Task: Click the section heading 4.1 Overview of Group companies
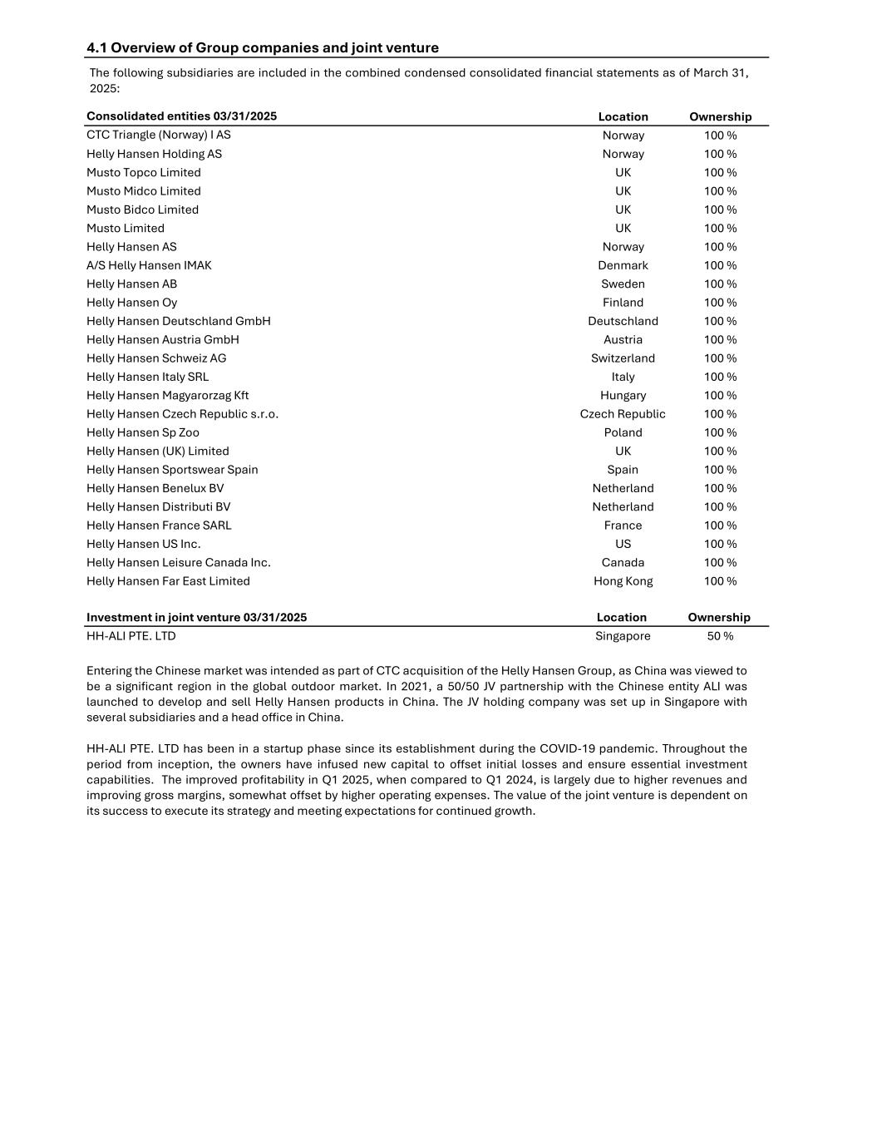[x=262, y=48]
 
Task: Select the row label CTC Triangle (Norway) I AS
[x=159, y=135]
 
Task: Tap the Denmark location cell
[x=623, y=265]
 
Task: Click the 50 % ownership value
[x=720, y=636]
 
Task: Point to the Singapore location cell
[x=623, y=636]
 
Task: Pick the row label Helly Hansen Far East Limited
[x=168, y=581]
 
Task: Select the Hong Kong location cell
[x=623, y=581]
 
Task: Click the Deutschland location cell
[x=623, y=321]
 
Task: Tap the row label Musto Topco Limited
[x=144, y=172]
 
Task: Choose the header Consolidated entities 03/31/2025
[x=181, y=116]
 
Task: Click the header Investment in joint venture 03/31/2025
[x=196, y=617]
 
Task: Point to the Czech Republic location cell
[x=623, y=414]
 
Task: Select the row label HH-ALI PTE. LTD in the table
[x=131, y=636]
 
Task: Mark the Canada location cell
[x=623, y=563]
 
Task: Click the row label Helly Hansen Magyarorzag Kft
[x=167, y=396]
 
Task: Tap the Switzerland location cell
[x=623, y=358]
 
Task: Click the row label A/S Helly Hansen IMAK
[x=149, y=265]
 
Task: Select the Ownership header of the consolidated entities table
[x=720, y=117]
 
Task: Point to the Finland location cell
[x=623, y=303]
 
